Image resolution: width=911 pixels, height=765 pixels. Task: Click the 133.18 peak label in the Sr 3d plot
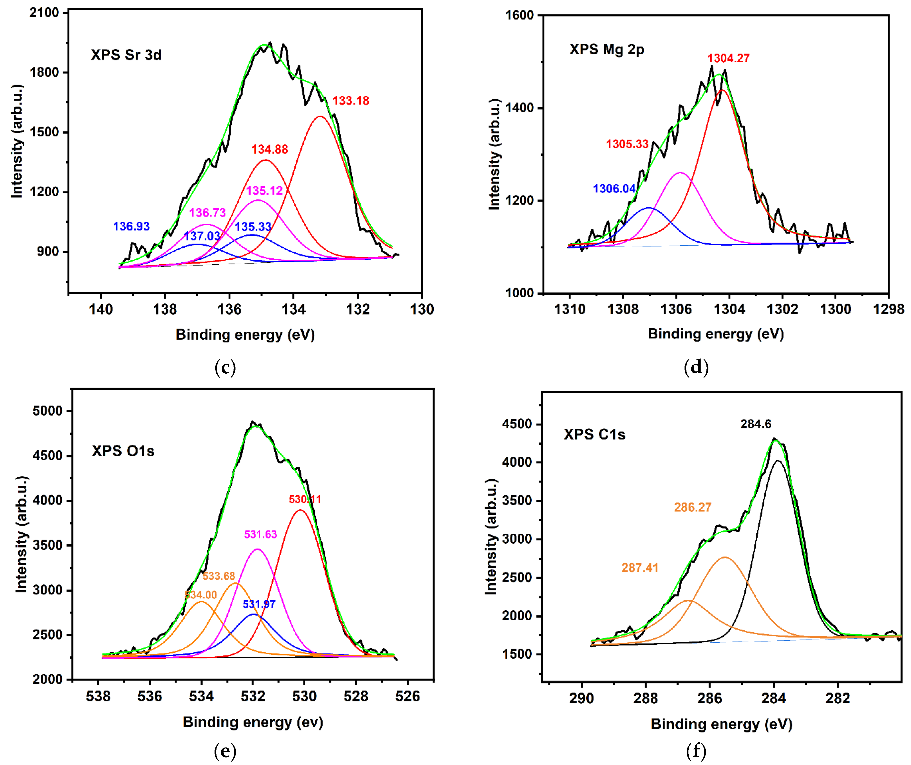click(350, 101)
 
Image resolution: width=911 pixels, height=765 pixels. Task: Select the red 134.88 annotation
click(269, 149)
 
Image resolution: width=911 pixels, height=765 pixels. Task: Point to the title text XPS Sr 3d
click(126, 55)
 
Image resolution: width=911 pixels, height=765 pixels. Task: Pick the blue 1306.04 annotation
click(614, 189)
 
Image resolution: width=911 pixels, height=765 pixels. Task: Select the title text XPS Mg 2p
click(606, 49)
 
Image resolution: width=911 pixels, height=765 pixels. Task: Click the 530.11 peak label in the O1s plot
click(305, 500)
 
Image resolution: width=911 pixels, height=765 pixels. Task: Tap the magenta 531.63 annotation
click(260, 534)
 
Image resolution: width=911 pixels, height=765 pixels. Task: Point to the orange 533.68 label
click(219, 576)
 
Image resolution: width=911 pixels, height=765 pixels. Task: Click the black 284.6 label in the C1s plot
click(756, 424)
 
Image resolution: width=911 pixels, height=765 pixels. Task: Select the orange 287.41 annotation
click(640, 567)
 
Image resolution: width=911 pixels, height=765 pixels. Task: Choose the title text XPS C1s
click(594, 434)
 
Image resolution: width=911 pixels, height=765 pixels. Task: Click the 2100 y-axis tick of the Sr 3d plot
click(44, 13)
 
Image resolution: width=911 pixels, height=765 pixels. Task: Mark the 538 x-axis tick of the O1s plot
click(98, 697)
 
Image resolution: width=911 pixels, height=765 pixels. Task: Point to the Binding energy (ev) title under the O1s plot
click(253, 722)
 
